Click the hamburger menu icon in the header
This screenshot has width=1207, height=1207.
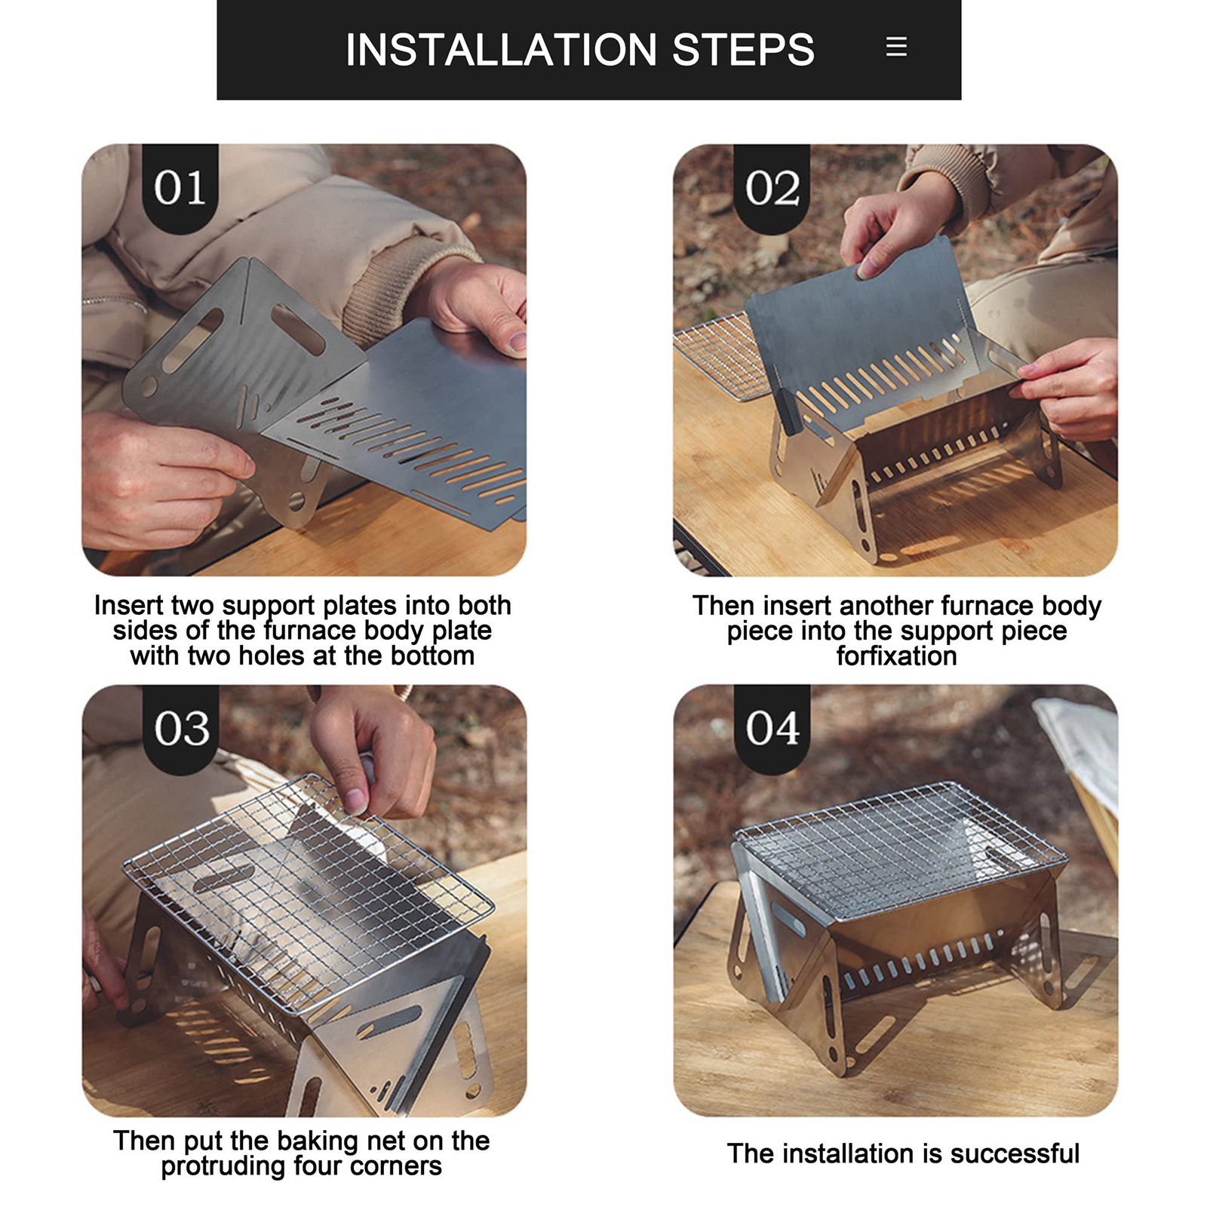pyautogui.click(x=896, y=47)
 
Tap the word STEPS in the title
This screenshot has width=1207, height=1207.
pyautogui.click(x=743, y=50)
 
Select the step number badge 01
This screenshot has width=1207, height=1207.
pyautogui.click(x=180, y=188)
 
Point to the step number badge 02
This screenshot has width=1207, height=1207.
pyautogui.click(x=772, y=188)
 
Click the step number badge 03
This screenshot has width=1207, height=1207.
pyautogui.click(x=181, y=729)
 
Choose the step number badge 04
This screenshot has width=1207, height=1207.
pyautogui.click(x=772, y=729)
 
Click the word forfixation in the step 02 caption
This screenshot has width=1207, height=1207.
pyautogui.click(x=896, y=656)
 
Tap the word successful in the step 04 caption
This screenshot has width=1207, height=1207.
pyautogui.click(x=1015, y=1153)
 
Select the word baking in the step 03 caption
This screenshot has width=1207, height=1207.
pyautogui.click(x=316, y=1141)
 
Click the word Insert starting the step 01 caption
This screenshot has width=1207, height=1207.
pyautogui.click(x=128, y=605)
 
